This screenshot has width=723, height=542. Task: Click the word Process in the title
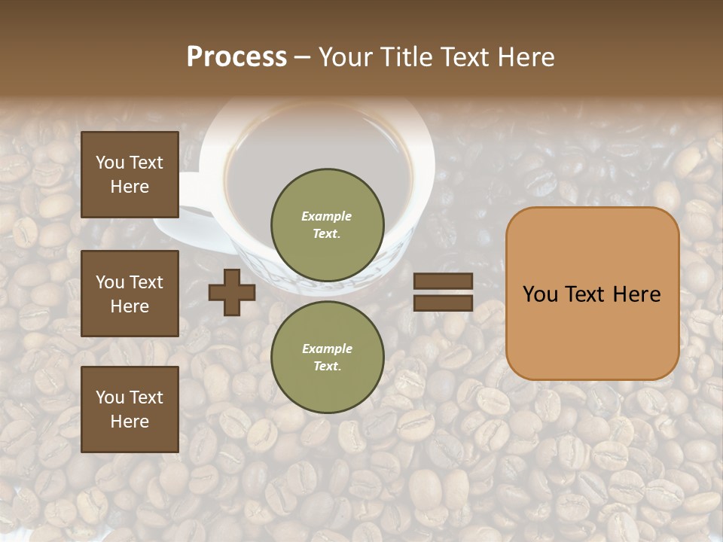[x=236, y=57]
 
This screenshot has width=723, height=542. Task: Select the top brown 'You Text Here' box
[x=130, y=175]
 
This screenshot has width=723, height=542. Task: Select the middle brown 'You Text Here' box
[x=130, y=294]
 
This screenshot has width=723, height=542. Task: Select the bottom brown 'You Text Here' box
[x=130, y=410]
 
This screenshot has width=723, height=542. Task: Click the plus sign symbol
[x=232, y=293]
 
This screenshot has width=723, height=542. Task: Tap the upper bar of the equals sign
[x=443, y=282]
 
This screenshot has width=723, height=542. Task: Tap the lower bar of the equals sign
[x=443, y=303]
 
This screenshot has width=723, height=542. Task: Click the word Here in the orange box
[x=636, y=294]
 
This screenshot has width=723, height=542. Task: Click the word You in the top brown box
[x=110, y=163]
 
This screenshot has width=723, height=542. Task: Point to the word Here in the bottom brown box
[x=130, y=422]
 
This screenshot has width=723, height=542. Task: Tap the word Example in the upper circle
[x=327, y=216]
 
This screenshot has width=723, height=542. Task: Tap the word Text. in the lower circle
[x=327, y=367]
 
